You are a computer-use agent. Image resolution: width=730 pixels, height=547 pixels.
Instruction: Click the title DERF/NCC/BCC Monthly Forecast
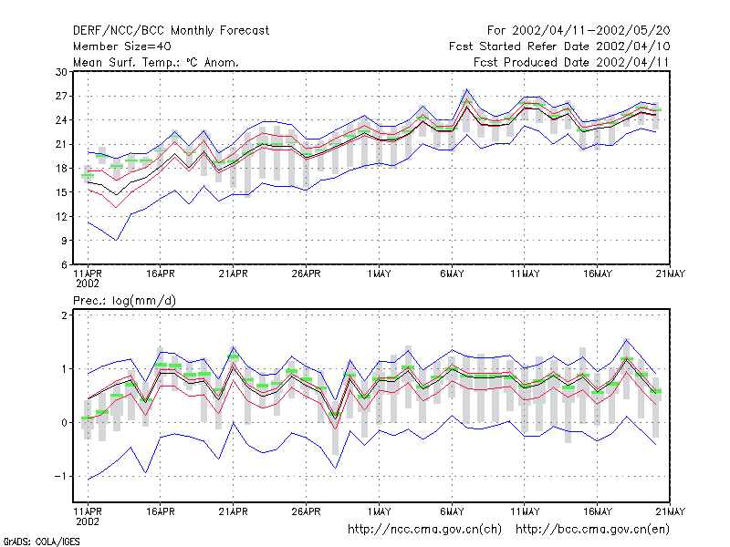pyautogui.click(x=171, y=31)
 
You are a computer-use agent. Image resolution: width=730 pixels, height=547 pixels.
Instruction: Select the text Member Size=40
pyautogui.click(x=122, y=46)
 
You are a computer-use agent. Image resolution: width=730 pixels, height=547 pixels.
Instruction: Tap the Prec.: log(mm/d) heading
pyautogui.click(x=124, y=301)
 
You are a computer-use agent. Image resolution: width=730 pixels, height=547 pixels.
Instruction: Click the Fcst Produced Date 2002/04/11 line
pyautogui.click(x=571, y=62)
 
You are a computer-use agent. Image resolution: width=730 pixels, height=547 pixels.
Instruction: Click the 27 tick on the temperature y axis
pyautogui.click(x=61, y=97)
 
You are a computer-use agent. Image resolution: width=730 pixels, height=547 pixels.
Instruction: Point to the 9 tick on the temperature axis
pyautogui.click(x=64, y=241)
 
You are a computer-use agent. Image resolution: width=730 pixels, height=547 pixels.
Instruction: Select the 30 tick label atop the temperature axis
pyautogui.click(x=61, y=72)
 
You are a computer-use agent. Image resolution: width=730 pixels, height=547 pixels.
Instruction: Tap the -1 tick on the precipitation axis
pyautogui.click(x=60, y=476)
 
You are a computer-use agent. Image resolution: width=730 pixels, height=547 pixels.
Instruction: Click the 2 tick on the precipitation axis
pyautogui.click(x=64, y=315)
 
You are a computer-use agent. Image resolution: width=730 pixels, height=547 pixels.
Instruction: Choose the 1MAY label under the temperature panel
pyautogui.click(x=379, y=274)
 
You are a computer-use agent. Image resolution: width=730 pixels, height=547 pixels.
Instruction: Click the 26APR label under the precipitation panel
pyautogui.click(x=306, y=511)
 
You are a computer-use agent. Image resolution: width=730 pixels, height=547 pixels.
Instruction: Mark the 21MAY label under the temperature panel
pyautogui.click(x=671, y=274)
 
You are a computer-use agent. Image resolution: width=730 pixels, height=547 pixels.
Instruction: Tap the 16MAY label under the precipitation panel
pyautogui.click(x=598, y=511)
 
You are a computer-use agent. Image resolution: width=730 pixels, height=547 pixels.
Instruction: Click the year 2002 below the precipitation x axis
pyautogui.click(x=88, y=521)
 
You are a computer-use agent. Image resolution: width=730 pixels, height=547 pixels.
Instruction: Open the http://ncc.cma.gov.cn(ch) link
pyautogui.click(x=424, y=530)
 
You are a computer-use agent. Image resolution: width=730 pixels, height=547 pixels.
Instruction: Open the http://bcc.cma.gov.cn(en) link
pyautogui.click(x=592, y=530)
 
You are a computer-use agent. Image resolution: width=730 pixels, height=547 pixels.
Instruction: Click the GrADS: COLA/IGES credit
pyautogui.click(x=41, y=542)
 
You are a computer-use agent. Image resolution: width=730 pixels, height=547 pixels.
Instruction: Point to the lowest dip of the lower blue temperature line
pyautogui.click(x=117, y=240)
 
